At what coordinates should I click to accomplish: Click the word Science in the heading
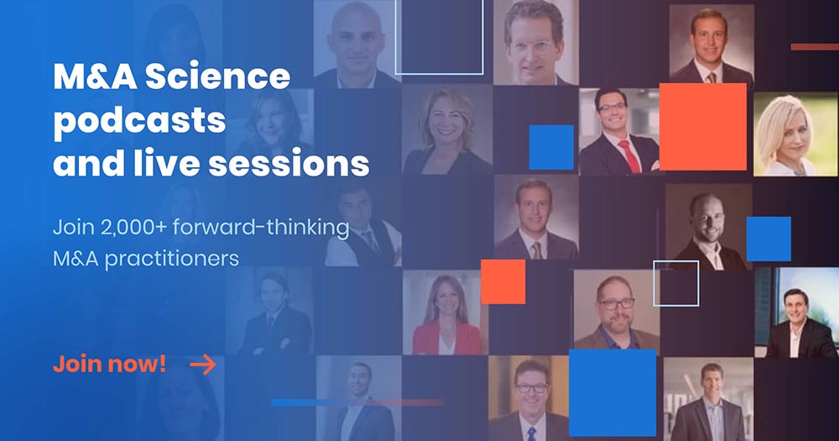point(218,76)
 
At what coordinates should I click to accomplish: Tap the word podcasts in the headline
point(139,121)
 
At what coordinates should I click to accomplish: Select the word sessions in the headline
point(289,164)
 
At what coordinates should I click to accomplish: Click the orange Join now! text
point(109,365)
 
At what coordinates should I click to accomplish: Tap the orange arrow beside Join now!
point(203,365)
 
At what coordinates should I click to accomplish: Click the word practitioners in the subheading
point(172,260)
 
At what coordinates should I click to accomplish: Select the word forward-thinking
point(261,227)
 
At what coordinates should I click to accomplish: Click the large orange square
point(702,127)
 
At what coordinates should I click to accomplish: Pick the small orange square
point(503,282)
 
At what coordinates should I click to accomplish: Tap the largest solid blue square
point(612,393)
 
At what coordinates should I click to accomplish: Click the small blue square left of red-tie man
point(551,147)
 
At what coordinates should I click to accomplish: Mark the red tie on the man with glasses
point(629,156)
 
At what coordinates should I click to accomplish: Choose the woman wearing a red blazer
point(446,312)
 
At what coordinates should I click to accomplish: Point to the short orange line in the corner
point(815,47)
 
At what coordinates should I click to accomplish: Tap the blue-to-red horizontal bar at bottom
point(357,402)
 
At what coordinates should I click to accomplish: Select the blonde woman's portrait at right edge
point(796,134)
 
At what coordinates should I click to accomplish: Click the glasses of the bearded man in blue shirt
point(616,304)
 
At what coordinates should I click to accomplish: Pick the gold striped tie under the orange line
point(711,78)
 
